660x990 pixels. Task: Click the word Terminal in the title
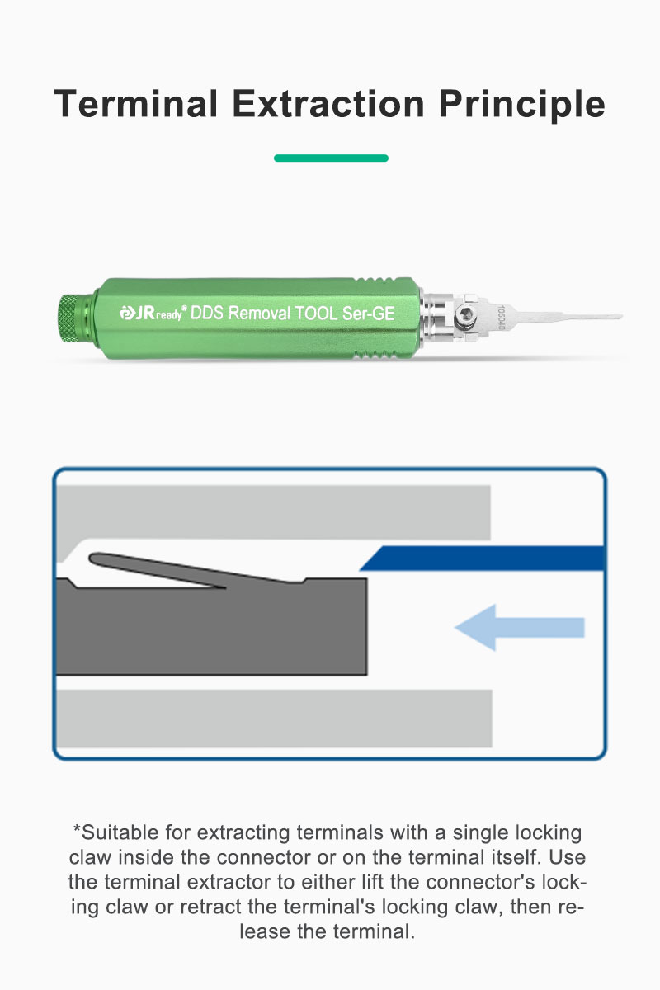point(136,104)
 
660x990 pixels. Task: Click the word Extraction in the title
point(328,104)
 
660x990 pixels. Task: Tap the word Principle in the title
point(521,106)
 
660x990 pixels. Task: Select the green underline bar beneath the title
point(331,158)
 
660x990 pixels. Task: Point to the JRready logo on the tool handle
point(153,313)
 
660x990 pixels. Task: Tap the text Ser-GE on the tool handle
point(368,313)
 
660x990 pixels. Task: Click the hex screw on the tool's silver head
point(464,316)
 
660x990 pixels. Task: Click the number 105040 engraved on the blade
point(501,318)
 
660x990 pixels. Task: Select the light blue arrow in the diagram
point(520,628)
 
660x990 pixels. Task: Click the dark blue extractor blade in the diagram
point(482,559)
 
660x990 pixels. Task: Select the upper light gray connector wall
point(274,512)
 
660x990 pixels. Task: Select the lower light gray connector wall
point(275,719)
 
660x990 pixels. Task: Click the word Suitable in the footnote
point(120,832)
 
